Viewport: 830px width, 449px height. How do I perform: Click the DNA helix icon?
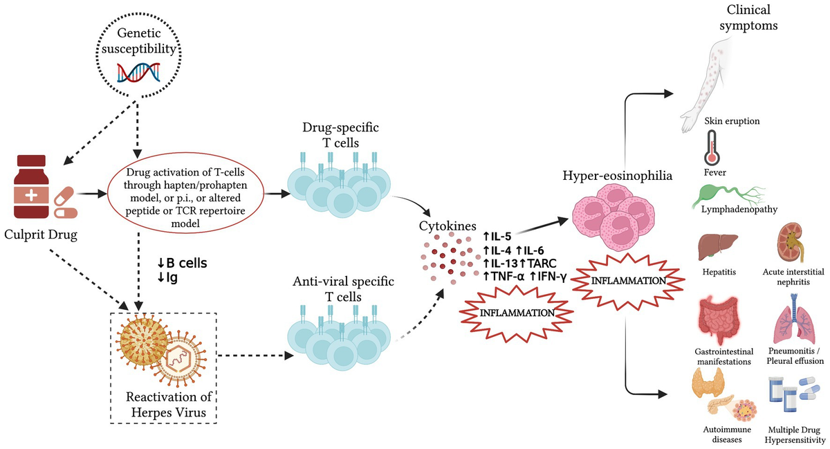[x=138, y=73]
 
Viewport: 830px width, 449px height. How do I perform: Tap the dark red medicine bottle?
[x=31, y=187]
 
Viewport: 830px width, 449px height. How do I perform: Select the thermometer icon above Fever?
[x=712, y=147]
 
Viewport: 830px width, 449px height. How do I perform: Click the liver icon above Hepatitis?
[x=717, y=247]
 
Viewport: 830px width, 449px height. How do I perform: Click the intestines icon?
[x=719, y=320]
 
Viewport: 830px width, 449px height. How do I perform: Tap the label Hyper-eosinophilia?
[x=617, y=175]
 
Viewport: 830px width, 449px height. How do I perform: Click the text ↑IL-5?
[x=497, y=236]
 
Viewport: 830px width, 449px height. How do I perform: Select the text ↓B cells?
[x=182, y=264]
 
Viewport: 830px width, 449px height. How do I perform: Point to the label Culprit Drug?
[x=41, y=235]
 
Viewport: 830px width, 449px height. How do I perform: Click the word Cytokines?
[x=448, y=226]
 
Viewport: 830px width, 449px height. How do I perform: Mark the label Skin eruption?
[x=732, y=121]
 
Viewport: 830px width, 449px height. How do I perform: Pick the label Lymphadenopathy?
[x=739, y=209]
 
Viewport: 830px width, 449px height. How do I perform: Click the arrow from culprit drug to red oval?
[x=92, y=194]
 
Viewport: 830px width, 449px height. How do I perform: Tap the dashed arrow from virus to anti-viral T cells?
[x=255, y=356]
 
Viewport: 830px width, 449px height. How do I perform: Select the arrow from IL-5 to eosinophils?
[x=542, y=226]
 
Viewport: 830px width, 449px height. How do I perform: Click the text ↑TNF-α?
[x=504, y=277]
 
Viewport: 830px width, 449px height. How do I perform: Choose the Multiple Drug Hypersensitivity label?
[x=795, y=435]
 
